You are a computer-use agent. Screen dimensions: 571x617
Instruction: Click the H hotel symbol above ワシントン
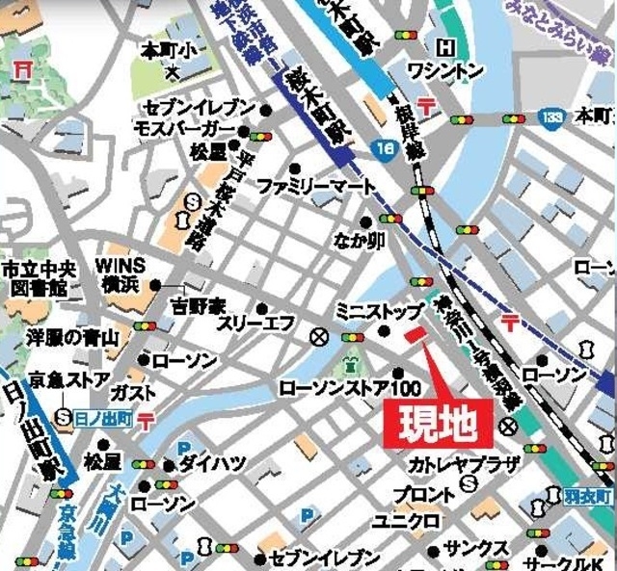(x=445, y=47)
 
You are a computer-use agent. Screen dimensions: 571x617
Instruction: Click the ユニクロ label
(x=408, y=521)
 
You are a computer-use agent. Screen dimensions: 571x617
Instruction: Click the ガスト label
(x=128, y=393)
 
